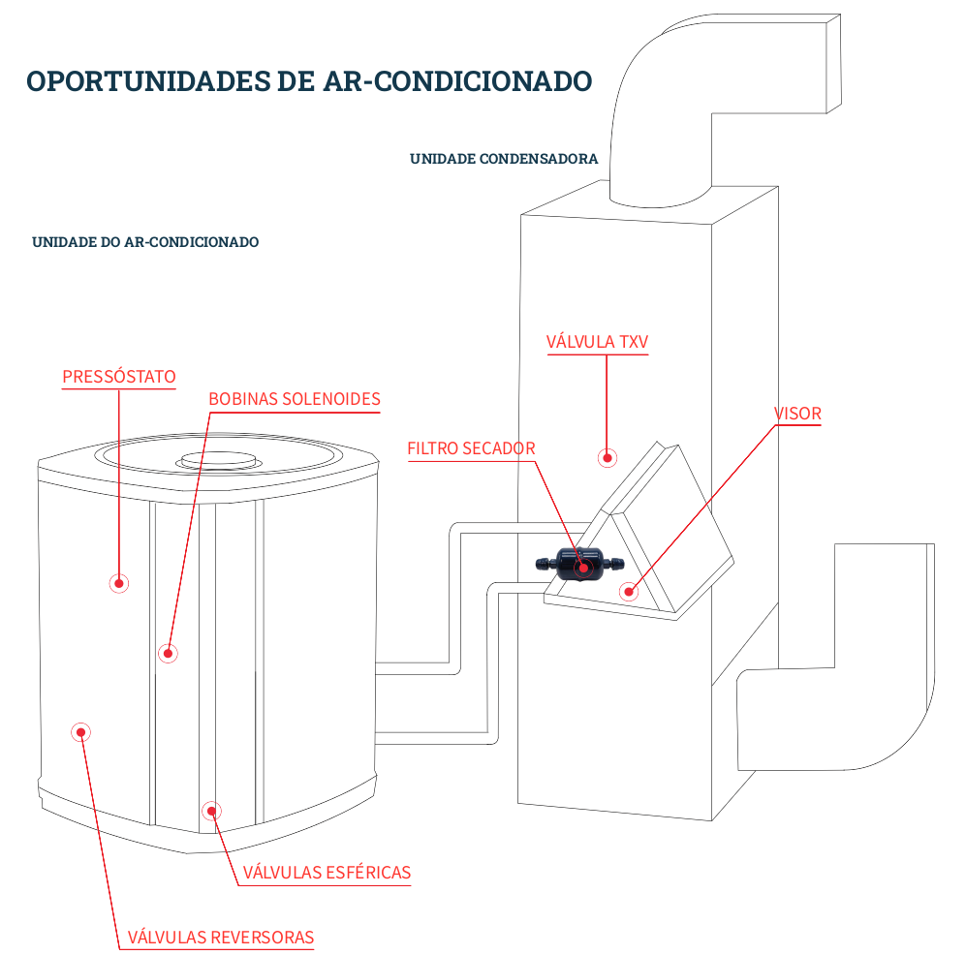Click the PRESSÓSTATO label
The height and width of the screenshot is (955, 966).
pyautogui.click(x=119, y=376)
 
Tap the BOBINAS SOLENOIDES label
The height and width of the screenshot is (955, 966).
pyautogui.click(x=295, y=399)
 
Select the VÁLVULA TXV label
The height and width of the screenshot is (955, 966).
pyautogui.click(x=597, y=342)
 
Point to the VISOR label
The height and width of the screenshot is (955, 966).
pyautogui.click(x=797, y=414)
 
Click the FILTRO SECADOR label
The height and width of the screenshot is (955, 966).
pyautogui.click(x=471, y=448)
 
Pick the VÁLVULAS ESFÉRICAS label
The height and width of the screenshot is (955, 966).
pyautogui.click(x=327, y=873)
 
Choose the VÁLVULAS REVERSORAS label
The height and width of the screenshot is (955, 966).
pyautogui.click(x=221, y=937)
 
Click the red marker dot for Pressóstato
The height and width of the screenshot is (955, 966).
pyautogui.click(x=119, y=582)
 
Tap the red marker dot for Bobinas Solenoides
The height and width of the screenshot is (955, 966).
pyautogui.click(x=168, y=653)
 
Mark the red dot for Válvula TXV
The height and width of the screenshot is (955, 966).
pyautogui.click(x=608, y=457)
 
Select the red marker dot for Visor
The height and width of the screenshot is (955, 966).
pyautogui.click(x=629, y=590)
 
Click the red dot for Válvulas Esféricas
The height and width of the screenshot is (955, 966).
pyautogui.click(x=210, y=811)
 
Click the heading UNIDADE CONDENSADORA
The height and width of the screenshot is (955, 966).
pyautogui.click(x=504, y=158)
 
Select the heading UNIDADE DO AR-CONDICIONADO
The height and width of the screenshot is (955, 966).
pyautogui.click(x=145, y=242)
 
